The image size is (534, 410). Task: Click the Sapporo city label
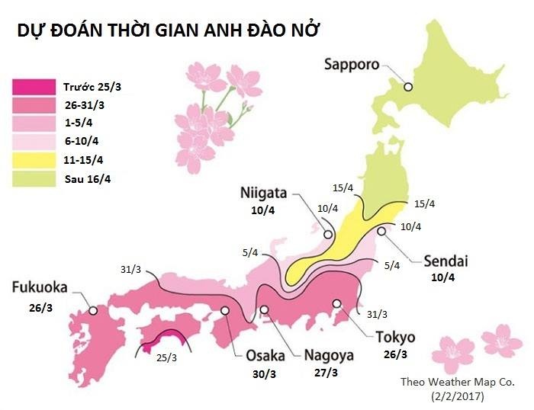[x=352, y=64]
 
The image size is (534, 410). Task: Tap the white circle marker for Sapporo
[x=408, y=87]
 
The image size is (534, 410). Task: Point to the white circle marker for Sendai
[x=381, y=231]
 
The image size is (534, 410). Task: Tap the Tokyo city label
[x=394, y=337]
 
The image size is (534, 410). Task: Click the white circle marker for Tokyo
[x=336, y=303]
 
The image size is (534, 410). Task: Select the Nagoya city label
[x=329, y=355]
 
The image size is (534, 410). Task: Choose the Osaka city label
[x=265, y=355]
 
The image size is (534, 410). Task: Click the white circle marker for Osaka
[x=225, y=311]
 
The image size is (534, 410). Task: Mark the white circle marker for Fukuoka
[x=92, y=310]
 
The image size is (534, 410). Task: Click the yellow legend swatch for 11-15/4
[x=34, y=160]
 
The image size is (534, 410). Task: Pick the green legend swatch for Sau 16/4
[x=34, y=179]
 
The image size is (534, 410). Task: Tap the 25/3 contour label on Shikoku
[x=166, y=357]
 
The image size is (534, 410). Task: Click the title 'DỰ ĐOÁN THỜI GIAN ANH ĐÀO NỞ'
[x=168, y=31]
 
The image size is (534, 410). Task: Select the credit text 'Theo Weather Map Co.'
[x=452, y=382]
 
